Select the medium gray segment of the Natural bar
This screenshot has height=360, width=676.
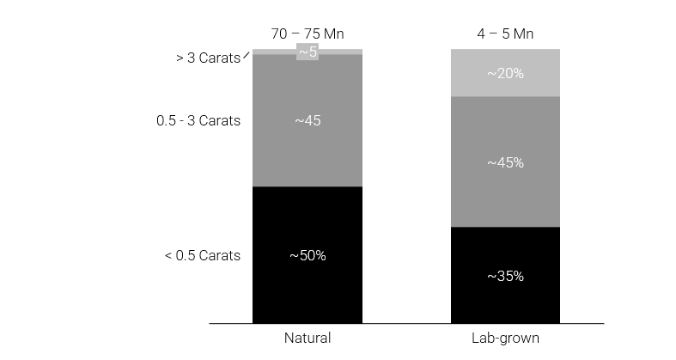[307, 155]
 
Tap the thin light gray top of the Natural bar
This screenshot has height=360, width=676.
[275, 52]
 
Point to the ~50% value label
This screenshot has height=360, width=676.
[307, 255]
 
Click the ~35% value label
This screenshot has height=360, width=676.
[505, 276]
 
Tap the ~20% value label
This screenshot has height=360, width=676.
[505, 73]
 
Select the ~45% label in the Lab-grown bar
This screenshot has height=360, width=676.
[505, 162]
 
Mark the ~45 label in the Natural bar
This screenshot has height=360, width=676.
[307, 121]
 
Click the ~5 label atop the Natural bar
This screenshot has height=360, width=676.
[308, 52]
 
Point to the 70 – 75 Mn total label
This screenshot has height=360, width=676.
[307, 34]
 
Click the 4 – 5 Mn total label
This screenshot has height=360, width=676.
[505, 34]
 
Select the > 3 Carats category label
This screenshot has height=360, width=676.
[208, 59]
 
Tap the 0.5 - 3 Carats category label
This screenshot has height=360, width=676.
[198, 121]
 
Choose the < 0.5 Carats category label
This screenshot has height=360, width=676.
[203, 255]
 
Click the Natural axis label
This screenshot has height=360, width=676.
[307, 338]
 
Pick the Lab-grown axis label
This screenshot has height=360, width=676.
[505, 338]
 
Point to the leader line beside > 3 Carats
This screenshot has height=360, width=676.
[247, 56]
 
